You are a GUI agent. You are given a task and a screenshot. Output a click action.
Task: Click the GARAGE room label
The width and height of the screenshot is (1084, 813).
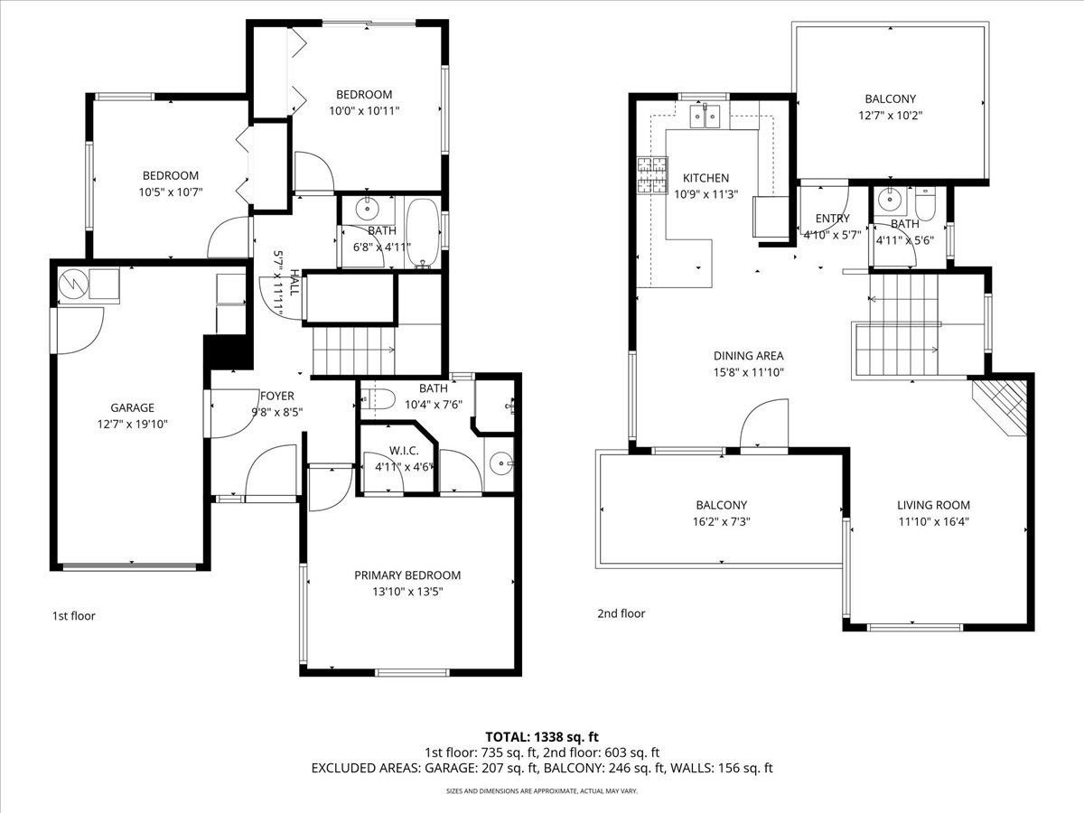point(133,407)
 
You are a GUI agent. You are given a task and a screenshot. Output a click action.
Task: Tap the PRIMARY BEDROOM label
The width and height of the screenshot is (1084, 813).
point(407,575)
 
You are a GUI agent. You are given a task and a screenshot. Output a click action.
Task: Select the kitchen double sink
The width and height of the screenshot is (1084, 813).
point(705,115)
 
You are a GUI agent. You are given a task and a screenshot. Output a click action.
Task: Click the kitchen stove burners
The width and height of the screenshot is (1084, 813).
point(652,174)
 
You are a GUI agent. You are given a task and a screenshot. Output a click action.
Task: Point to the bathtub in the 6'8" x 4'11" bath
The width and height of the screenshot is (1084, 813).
point(423,232)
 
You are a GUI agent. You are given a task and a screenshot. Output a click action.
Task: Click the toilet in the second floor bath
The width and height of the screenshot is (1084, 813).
point(925,203)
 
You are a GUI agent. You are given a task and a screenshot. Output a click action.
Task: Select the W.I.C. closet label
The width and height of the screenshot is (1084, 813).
point(404,451)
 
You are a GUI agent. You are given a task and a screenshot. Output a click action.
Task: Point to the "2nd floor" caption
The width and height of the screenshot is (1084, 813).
point(621,613)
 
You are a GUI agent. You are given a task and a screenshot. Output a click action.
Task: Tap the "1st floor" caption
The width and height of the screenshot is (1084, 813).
point(73,615)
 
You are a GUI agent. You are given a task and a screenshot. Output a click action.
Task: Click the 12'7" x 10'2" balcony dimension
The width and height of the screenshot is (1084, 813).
point(891,116)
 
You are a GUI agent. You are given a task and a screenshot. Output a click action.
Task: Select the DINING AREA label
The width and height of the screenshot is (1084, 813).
point(749,355)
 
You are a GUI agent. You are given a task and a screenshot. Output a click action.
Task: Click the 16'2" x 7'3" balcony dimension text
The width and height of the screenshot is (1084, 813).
point(722,521)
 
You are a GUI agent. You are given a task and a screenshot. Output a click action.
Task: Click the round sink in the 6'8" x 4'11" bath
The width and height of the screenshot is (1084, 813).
point(368,209)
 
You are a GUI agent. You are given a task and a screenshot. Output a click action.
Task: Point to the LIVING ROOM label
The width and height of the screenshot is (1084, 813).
point(933,505)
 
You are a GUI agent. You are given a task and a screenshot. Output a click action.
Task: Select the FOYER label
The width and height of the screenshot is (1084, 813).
point(277,396)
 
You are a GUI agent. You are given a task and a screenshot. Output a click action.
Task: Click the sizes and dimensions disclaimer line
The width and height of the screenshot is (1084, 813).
point(542,791)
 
